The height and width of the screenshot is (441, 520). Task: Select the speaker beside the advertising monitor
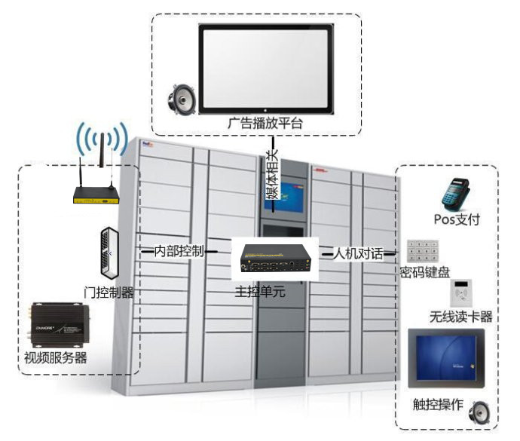[x=182, y=97]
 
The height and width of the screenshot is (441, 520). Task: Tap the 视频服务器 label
[x=56, y=358]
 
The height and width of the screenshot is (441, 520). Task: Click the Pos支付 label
[x=457, y=219]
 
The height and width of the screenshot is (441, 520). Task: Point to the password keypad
[x=423, y=251]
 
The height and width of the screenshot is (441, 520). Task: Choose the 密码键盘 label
[x=426, y=273]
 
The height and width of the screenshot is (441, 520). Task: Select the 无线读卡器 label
[x=461, y=317]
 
